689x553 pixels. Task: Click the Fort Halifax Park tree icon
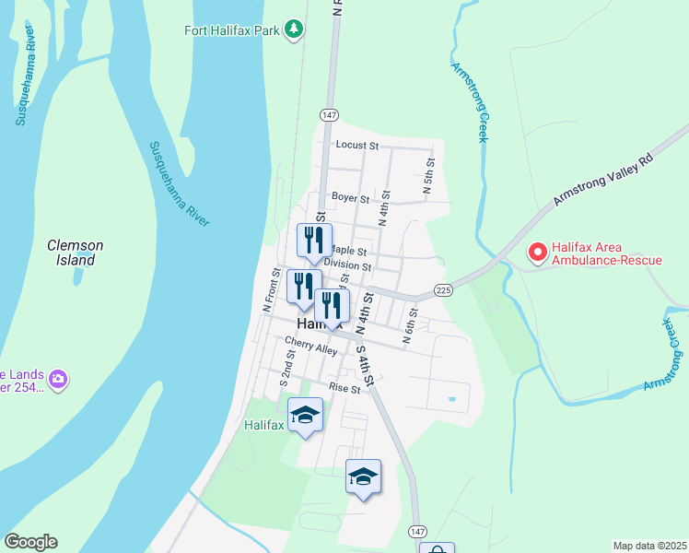(x=294, y=29)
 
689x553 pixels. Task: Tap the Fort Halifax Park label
(x=231, y=30)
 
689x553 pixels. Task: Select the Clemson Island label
(x=76, y=253)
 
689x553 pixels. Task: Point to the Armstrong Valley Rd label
(x=603, y=181)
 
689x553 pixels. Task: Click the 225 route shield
(x=444, y=290)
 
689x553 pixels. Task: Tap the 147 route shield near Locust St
(x=329, y=114)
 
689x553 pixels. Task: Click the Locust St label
(x=357, y=145)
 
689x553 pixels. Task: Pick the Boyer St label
(x=350, y=198)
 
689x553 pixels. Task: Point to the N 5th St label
(x=429, y=175)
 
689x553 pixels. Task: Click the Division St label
(x=347, y=266)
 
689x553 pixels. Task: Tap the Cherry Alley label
(x=310, y=345)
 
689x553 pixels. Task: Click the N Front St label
(x=271, y=290)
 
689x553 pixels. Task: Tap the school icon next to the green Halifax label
(x=306, y=416)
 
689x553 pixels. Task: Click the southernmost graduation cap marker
(x=364, y=477)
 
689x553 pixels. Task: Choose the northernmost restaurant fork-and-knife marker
(x=314, y=241)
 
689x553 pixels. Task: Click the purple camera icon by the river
(x=58, y=379)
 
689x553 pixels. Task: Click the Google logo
(x=30, y=542)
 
